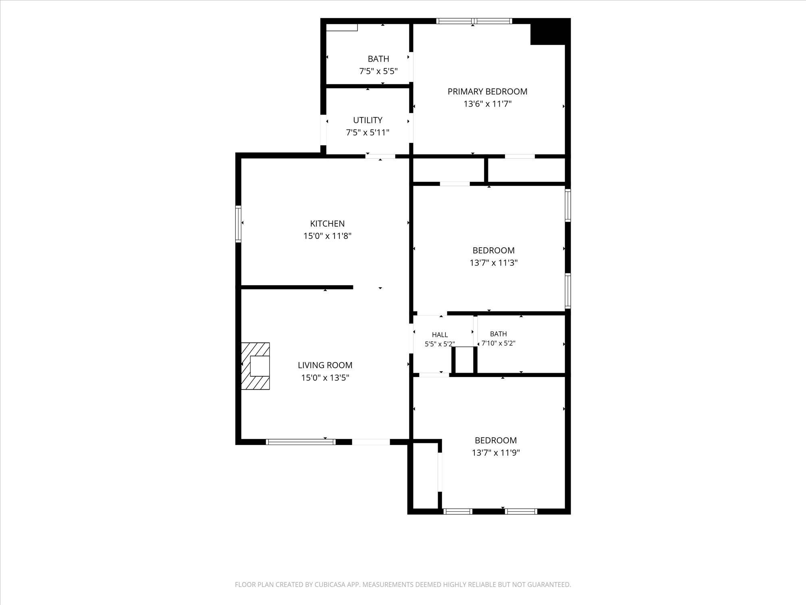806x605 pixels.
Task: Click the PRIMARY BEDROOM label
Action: coord(487,92)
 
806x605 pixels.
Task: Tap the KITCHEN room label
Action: coord(327,223)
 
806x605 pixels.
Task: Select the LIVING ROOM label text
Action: coord(325,365)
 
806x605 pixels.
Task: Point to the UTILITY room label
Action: coord(368,120)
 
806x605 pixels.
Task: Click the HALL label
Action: coord(440,335)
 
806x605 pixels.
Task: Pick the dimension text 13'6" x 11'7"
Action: coord(487,104)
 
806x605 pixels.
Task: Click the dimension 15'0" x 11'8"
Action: coord(327,236)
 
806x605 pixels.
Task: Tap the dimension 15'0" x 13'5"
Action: coord(325,378)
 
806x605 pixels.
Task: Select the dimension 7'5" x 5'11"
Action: coord(368,132)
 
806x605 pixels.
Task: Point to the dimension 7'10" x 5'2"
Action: coord(499,344)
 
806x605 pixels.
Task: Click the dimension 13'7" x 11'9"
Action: coord(496,453)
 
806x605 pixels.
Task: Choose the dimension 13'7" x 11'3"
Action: coord(493,263)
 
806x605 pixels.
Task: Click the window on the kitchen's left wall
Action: coord(238,224)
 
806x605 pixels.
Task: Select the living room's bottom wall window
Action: coord(301,442)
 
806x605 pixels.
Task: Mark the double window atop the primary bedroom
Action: coord(474,21)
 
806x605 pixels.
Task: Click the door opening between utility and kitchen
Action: coord(381,156)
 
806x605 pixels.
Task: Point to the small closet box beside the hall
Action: coord(464,360)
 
